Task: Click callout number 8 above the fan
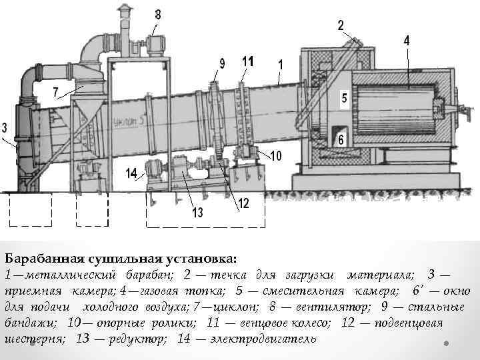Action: (158, 14)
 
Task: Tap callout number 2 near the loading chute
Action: (341, 25)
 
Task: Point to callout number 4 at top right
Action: (407, 40)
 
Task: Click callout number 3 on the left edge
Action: (5, 127)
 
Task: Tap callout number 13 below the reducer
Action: (197, 213)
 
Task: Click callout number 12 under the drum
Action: (243, 203)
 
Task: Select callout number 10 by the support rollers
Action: (276, 155)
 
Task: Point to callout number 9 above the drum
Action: (223, 64)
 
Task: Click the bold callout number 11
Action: (248, 61)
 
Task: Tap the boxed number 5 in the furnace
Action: (344, 97)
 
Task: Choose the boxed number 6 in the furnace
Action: (341, 140)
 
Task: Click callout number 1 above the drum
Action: (281, 65)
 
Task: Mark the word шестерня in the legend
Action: (35, 339)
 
